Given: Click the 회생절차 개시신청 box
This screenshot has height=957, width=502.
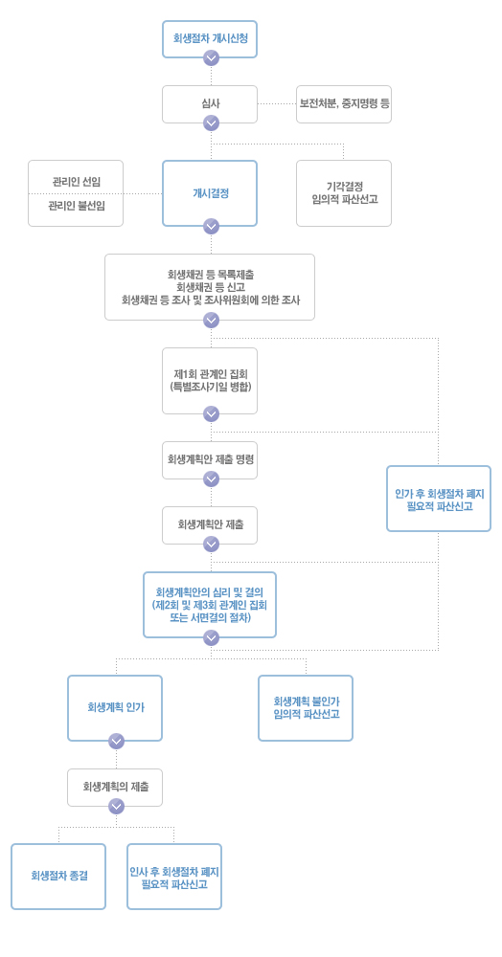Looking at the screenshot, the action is (x=210, y=39).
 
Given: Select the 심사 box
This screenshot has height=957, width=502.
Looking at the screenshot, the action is (x=210, y=103).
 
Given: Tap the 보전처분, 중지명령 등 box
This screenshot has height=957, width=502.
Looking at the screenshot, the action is (x=344, y=103).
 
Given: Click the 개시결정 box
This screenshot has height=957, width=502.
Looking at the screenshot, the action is (x=210, y=193).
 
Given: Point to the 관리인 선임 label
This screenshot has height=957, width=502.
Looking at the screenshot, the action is (x=76, y=182).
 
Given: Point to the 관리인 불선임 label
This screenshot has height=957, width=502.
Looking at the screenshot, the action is (x=76, y=206).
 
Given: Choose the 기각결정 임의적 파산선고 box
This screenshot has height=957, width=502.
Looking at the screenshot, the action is (x=344, y=193).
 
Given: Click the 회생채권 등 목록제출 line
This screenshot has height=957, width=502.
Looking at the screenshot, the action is (x=210, y=276).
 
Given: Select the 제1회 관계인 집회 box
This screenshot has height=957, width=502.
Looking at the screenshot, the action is (x=210, y=381).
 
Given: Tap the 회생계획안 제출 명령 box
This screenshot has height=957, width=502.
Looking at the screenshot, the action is (x=210, y=459).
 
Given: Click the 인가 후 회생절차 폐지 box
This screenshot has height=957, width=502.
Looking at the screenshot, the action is (x=439, y=499).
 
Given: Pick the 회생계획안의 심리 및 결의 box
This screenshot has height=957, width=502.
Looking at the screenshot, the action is (x=210, y=605).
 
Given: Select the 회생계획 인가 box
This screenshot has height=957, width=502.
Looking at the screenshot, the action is (x=115, y=708).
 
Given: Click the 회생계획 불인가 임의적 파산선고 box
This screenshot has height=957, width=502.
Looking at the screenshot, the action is (x=306, y=708).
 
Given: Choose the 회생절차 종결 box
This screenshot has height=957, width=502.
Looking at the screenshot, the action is (x=58, y=877).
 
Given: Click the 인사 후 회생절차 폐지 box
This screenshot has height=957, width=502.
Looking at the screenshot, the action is (x=174, y=877).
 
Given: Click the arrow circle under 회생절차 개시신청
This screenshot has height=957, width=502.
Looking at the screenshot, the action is (x=211, y=58).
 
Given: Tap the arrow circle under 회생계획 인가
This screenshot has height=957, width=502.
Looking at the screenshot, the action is (x=116, y=742).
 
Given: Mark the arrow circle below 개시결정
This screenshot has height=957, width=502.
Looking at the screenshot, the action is (x=211, y=227).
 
